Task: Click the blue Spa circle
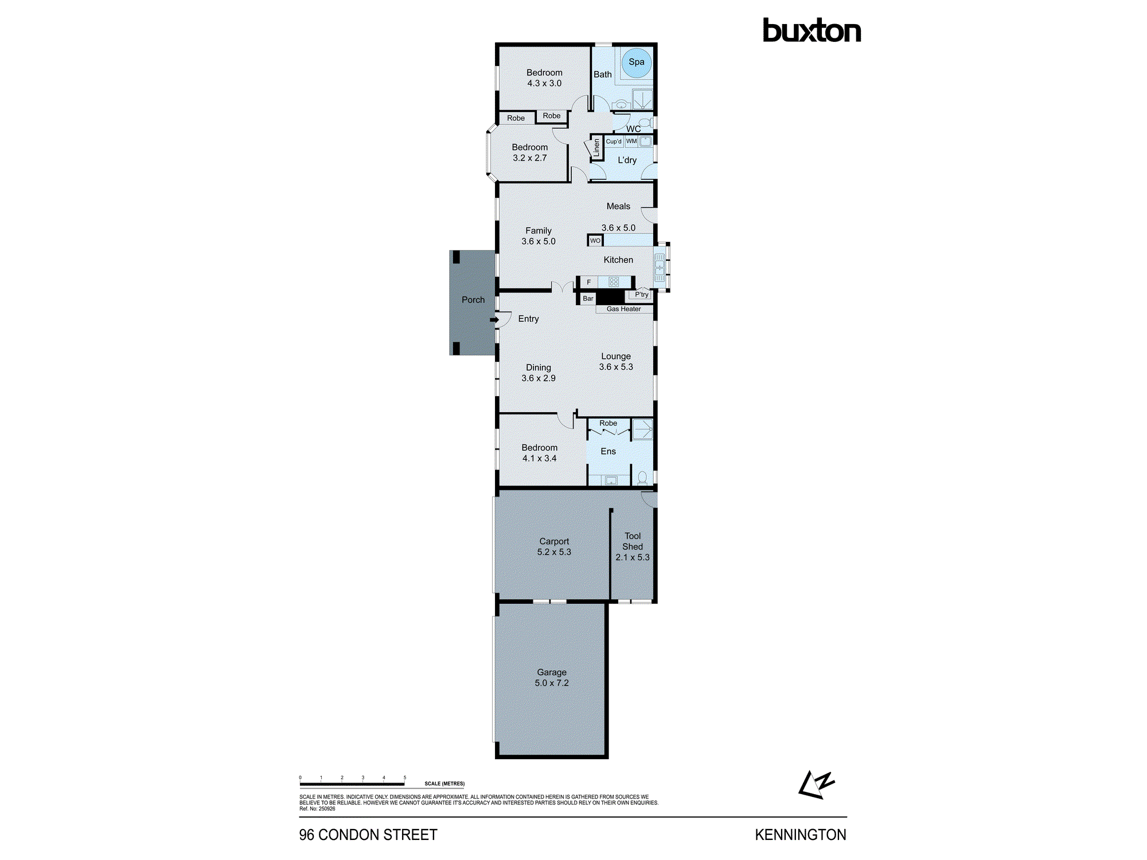coord(636,62)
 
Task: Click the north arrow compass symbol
coord(816,785)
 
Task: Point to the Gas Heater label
coord(623,309)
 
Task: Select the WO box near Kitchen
coord(595,241)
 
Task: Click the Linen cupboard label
coord(596,148)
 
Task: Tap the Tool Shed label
coord(633,541)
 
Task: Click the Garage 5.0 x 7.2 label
coord(552,678)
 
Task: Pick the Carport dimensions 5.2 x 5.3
coord(554,552)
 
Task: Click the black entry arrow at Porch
coord(494,319)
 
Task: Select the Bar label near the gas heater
coord(588,299)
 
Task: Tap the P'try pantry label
coord(641,295)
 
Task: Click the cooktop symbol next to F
coord(614,282)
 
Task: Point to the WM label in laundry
coord(631,141)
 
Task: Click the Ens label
coord(608,452)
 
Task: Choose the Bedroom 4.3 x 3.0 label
coord(544,78)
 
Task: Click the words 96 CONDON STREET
coord(368,835)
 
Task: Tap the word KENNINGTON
coord(800,835)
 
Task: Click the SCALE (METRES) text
coord(444,784)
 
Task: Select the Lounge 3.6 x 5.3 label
coord(616,362)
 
